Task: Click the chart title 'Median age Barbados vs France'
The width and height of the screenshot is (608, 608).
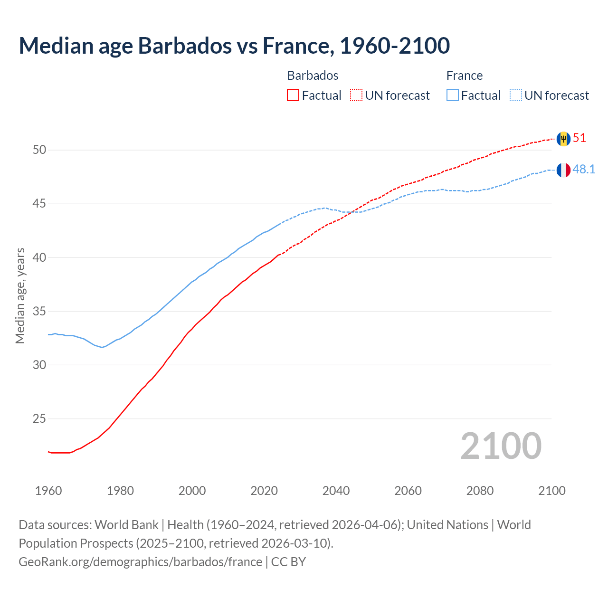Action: [x=234, y=46]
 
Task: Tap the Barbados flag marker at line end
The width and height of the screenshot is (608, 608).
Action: [x=563, y=139]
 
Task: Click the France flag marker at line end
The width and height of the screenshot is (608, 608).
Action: [x=563, y=170]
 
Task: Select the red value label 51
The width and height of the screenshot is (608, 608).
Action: [x=579, y=138]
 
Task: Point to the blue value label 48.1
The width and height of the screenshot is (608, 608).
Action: [x=584, y=170]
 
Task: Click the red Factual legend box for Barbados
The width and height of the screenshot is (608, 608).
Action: [x=293, y=95]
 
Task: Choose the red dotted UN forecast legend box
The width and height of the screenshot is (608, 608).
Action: [x=356, y=95]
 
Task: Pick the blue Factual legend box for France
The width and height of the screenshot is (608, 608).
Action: [x=452, y=95]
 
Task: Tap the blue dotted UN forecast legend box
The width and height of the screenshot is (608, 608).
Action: [x=515, y=95]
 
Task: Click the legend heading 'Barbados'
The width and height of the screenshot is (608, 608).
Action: [x=313, y=76]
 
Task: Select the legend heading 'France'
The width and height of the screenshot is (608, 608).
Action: [x=464, y=76]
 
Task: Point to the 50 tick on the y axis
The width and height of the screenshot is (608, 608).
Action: [x=39, y=150]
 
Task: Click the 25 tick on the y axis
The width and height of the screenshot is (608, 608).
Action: [x=39, y=419]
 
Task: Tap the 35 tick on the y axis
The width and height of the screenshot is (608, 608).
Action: [x=39, y=312]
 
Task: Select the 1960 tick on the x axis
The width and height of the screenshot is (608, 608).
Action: [x=48, y=491]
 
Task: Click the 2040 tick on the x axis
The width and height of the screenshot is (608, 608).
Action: [x=336, y=491]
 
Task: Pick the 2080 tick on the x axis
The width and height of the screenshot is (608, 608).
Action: [x=480, y=491]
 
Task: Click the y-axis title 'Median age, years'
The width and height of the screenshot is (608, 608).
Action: [x=20, y=295]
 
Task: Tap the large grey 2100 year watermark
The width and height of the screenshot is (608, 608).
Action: [x=501, y=446]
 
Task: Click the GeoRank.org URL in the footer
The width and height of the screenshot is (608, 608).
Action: [x=140, y=562]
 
